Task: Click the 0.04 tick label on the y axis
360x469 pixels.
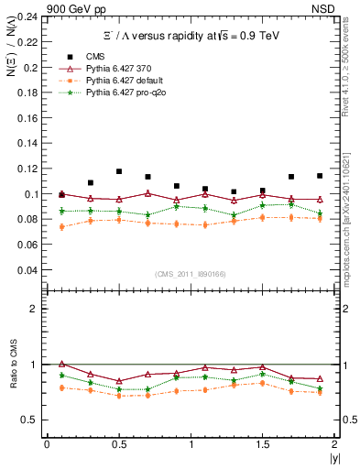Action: click(31, 270)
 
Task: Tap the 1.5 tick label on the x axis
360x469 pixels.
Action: click(263, 443)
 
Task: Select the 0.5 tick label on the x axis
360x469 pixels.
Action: click(118, 443)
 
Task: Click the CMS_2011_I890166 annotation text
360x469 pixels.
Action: click(191, 274)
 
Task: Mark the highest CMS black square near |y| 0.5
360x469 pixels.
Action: click(119, 171)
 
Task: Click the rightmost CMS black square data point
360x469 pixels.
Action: click(320, 176)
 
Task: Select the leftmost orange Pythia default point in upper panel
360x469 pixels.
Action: click(61, 226)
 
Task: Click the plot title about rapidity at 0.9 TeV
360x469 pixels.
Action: click(191, 36)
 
